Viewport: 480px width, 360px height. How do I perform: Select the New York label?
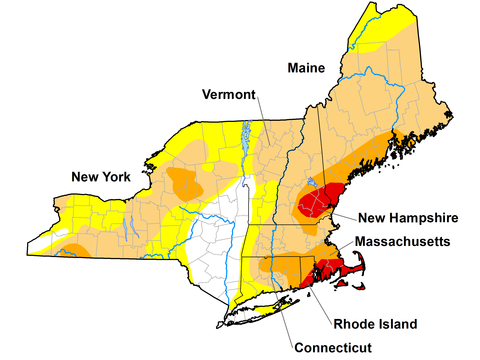click(x=101, y=177)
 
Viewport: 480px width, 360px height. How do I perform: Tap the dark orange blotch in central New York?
click(x=185, y=183)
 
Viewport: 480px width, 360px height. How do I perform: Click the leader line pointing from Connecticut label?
click(x=285, y=315)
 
